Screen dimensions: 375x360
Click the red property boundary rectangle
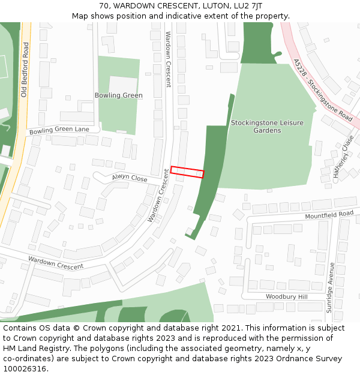187,172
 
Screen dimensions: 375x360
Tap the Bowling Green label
118,95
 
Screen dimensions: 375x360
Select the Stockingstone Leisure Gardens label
267,127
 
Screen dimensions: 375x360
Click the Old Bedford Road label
25,70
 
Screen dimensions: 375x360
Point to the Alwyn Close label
129,178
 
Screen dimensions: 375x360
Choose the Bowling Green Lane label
59,130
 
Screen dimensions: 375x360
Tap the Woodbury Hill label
286,297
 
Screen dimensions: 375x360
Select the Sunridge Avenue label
329,287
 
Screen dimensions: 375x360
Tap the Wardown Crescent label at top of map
169,59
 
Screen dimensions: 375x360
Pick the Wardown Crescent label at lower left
55,263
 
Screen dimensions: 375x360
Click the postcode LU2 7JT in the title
249,5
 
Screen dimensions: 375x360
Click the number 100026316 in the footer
25,368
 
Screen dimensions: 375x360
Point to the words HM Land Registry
31,348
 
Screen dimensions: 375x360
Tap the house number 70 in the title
104,5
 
